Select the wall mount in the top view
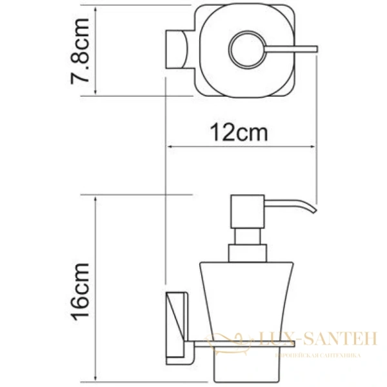click(177, 49)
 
